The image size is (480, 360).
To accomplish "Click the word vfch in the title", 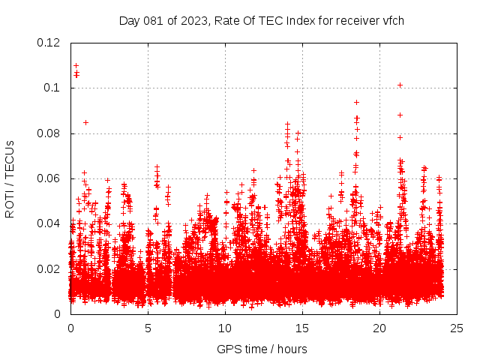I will (x=393, y=21).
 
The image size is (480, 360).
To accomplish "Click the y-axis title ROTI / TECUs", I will (x=10, y=178).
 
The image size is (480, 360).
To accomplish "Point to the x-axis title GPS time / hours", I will (x=262, y=349).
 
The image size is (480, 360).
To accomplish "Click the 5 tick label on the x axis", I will (x=148, y=328).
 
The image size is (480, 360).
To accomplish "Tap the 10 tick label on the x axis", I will (x=225, y=328).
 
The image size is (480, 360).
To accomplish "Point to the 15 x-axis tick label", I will (x=302, y=328).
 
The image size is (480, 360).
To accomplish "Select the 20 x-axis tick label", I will (x=379, y=328).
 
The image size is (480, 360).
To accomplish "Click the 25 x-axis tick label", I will (x=457, y=328).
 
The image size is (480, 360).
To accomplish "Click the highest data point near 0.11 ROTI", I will (x=76, y=65).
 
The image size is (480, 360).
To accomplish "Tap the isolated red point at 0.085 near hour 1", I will (x=85, y=122).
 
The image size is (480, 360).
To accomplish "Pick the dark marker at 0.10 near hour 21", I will (x=400, y=85).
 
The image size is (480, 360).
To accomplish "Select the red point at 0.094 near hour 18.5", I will (x=356, y=102).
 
